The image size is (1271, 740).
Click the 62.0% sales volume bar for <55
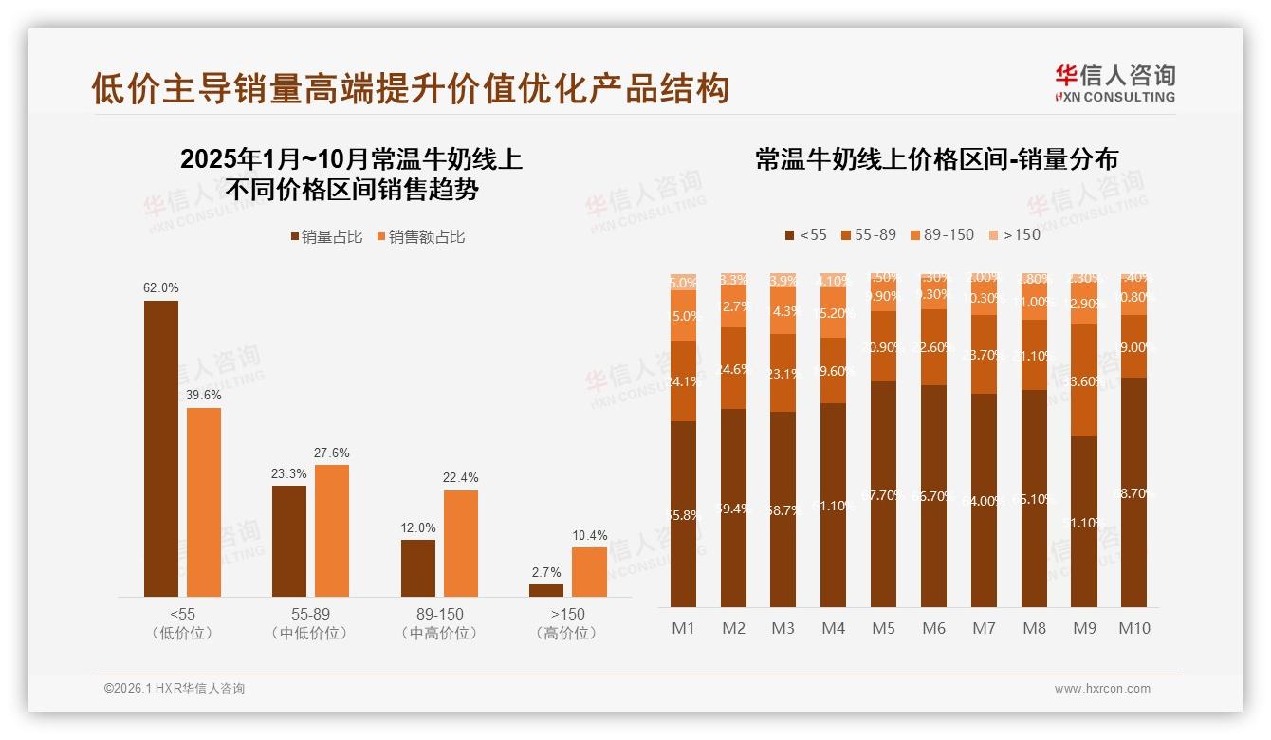[x=160, y=448]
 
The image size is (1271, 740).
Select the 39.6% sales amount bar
[x=204, y=502]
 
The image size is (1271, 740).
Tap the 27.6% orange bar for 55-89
[x=332, y=530]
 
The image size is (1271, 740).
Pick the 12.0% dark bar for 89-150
[x=418, y=568]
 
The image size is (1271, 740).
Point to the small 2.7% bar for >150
[x=546, y=590]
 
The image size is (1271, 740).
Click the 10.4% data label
[x=590, y=535]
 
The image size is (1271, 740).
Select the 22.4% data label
[x=461, y=478]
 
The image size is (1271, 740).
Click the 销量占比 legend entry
[x=326, y=237]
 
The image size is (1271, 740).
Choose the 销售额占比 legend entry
[x=421, y=237]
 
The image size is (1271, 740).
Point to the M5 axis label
[x=883, y=628]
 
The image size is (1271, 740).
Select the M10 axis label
[x=1133, y=628]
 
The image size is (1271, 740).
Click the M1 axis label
[x=684, y=628]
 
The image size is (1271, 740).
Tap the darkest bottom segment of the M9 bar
[x=1084, y=522]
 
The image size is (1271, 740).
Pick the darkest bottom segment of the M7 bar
[x=984, y=500]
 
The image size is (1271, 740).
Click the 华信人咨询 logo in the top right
[x=1114, y=83]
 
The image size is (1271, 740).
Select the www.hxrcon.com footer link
[x=1102, y=689]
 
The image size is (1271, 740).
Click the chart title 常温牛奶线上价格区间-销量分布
[x=936, y=158]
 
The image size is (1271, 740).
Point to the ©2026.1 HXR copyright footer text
[x=175, y=689]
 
